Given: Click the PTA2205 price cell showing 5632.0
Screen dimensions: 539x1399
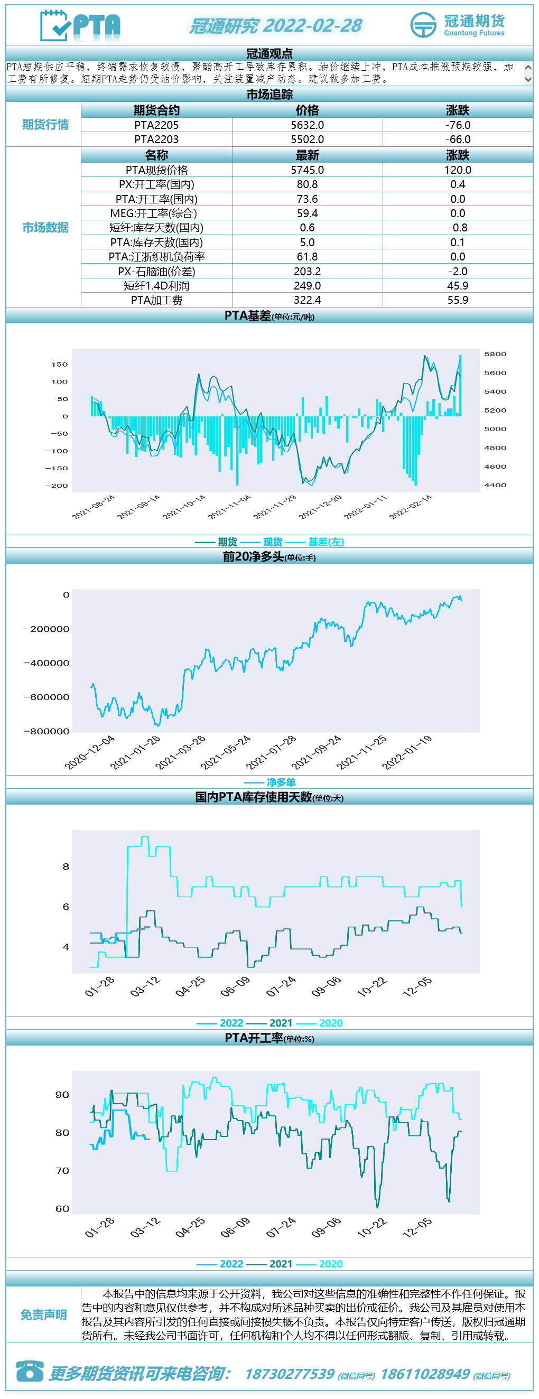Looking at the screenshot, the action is [307, 125].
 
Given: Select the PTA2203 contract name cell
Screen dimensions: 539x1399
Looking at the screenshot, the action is [156, 139].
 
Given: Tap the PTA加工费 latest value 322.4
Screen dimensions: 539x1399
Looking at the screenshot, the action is [307, 300].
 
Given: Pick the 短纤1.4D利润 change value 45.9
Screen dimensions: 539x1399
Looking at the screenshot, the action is [458, 286].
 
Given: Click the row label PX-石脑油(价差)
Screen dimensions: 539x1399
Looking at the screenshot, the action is [156, 272].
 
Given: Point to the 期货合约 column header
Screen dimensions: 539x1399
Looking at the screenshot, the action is [156, 110].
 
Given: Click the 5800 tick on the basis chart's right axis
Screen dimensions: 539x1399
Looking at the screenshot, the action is [495, 354].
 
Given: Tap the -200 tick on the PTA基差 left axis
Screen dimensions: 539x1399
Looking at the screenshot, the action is [57, 486].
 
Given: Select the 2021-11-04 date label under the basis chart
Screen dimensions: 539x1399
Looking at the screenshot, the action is [230, 507].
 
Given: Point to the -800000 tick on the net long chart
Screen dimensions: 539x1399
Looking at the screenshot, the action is [47, 732].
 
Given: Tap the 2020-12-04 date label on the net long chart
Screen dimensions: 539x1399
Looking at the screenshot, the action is [90, 752].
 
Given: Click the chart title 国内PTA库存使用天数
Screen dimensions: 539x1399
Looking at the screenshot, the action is [254, 797].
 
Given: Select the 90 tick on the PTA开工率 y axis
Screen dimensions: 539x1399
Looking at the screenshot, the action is [62, 1095].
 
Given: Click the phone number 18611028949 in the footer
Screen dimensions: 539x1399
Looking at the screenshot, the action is [425, 1374].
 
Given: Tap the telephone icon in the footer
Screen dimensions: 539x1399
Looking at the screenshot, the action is [30, 1371].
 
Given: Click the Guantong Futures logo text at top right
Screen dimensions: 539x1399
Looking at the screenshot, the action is [475, 33].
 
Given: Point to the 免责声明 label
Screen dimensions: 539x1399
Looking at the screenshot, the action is [43, 1315].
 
